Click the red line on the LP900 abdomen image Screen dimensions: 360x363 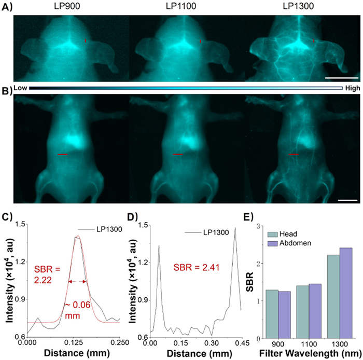click(x=62, y=155)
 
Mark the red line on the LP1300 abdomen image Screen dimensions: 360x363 click(x=294, y=155)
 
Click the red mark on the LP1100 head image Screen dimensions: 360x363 click(x=200, y=41)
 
